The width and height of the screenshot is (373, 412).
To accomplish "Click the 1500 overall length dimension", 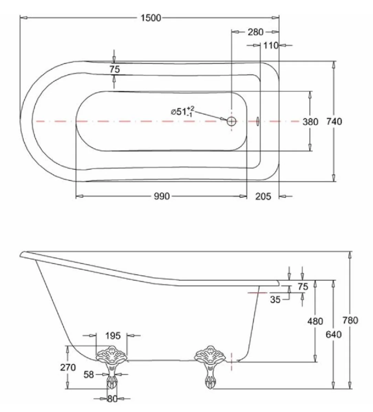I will [151, 18].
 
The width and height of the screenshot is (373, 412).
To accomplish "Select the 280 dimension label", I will [255, 32].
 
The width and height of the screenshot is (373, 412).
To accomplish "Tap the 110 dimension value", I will [271, 45].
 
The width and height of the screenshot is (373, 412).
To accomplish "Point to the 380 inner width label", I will [310, 122].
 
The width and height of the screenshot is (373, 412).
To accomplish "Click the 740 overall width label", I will [333, 122].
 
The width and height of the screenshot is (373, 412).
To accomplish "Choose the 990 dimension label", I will [162, 196].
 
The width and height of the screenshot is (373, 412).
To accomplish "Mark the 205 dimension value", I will [263, 196].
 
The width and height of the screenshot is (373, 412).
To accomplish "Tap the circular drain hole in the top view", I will [231, 121].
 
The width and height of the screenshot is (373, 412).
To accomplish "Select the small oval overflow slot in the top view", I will [258, 121].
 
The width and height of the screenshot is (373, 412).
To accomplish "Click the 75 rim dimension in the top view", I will [114, 69].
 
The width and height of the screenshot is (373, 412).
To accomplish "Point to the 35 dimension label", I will [275, 300].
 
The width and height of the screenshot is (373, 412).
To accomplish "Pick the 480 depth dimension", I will [315, 321].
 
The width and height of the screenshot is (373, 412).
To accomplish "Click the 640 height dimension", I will [333, 334].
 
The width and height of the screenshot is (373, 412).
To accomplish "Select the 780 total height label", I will [350, 320].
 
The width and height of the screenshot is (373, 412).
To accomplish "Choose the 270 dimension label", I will [68, 367].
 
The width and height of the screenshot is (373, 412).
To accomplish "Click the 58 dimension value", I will [89, 374].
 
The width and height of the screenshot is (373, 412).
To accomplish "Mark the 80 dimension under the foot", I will [112, 399].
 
